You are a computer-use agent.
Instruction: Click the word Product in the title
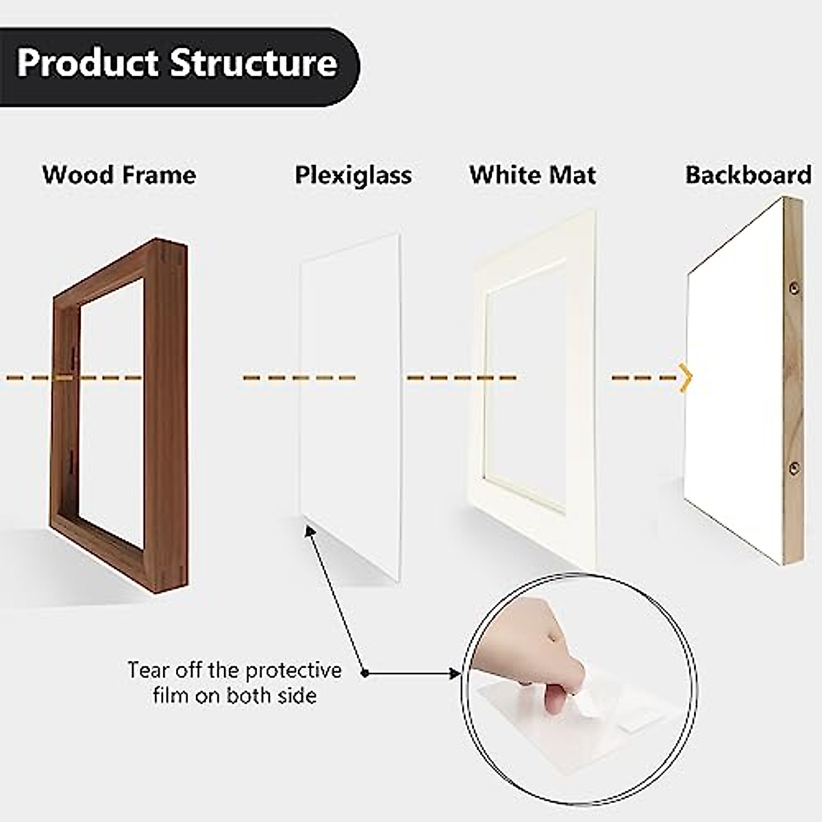[x=88, y=63]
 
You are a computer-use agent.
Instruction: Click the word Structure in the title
[x=253, y=63]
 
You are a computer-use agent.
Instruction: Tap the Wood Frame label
[x=119, y=175]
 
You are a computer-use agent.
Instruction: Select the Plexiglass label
[x=353, y=175]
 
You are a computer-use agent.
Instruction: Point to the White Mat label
[x=532, y=175]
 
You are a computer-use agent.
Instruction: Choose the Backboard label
[x=748, y=175]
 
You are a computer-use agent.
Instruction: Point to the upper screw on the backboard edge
[x=795, y=288]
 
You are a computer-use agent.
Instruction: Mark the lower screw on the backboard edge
[x=795, y=469]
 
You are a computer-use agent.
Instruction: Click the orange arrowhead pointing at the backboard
[x=686, y=377]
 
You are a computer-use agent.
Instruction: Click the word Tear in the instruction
[x=148, y=669]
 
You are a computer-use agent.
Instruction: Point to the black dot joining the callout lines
[x=365, y=673]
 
